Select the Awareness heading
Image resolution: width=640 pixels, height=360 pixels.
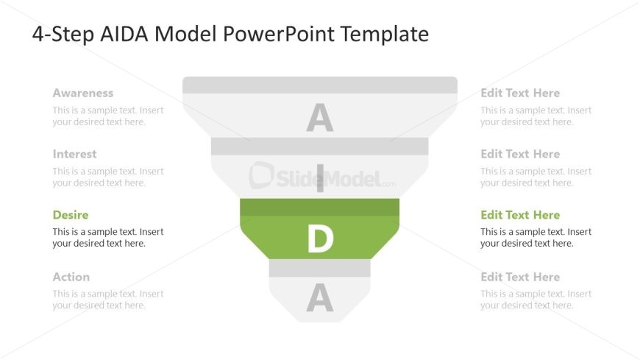coord(83,93)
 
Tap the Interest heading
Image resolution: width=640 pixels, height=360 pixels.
coord(74,155)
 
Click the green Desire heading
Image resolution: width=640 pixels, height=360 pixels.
coord(71,215)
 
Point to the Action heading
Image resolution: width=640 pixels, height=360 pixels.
coord(71,277)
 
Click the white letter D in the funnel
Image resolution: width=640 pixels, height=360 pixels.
coord(320,239)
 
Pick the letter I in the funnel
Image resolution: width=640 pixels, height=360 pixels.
coord(320,179)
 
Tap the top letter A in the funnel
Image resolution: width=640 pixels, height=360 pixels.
coord(320,119)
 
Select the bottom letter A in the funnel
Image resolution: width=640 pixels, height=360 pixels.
coord(320,298)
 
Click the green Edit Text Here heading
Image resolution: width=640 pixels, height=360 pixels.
coord(520,215)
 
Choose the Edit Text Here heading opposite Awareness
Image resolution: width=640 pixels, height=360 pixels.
coord(520,93)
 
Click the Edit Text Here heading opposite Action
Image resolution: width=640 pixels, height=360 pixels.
coord(520,277)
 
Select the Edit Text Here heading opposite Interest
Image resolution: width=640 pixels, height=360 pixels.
coord(520,155)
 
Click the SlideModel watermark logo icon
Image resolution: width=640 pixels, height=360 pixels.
coord(261,175)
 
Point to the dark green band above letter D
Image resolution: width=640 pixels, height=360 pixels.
coord(320,207)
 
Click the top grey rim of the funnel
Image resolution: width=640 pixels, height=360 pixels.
coord(320,85)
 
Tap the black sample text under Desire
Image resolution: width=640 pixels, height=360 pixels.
coord(107,238)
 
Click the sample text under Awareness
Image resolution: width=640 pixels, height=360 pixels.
coord(107,116)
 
